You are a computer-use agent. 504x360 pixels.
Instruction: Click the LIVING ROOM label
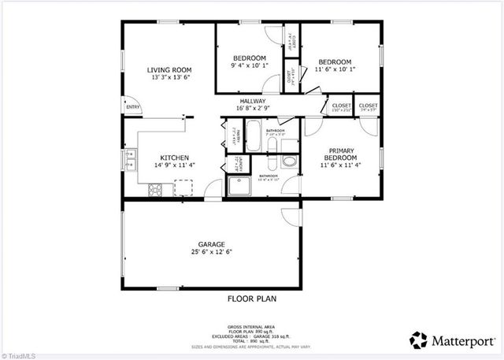169,70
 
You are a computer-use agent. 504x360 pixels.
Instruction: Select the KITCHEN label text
174,157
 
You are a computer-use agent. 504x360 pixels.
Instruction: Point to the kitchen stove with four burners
155,188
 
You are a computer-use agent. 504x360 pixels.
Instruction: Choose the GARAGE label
212,244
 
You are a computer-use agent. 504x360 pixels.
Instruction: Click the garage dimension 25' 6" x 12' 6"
212,253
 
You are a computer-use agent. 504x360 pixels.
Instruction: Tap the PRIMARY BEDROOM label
341,154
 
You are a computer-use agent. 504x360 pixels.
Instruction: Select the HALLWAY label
253,102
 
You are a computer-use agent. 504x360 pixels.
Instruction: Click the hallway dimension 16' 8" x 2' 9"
253,109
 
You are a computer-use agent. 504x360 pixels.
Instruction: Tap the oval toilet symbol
288,161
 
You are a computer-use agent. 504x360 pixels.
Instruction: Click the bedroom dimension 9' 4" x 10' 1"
250,67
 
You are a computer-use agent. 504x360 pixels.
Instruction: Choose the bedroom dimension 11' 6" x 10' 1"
337,69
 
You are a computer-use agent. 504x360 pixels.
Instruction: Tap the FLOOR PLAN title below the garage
252,299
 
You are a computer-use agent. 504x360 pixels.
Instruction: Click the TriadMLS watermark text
19,354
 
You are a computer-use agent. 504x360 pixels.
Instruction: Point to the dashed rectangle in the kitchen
184,187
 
